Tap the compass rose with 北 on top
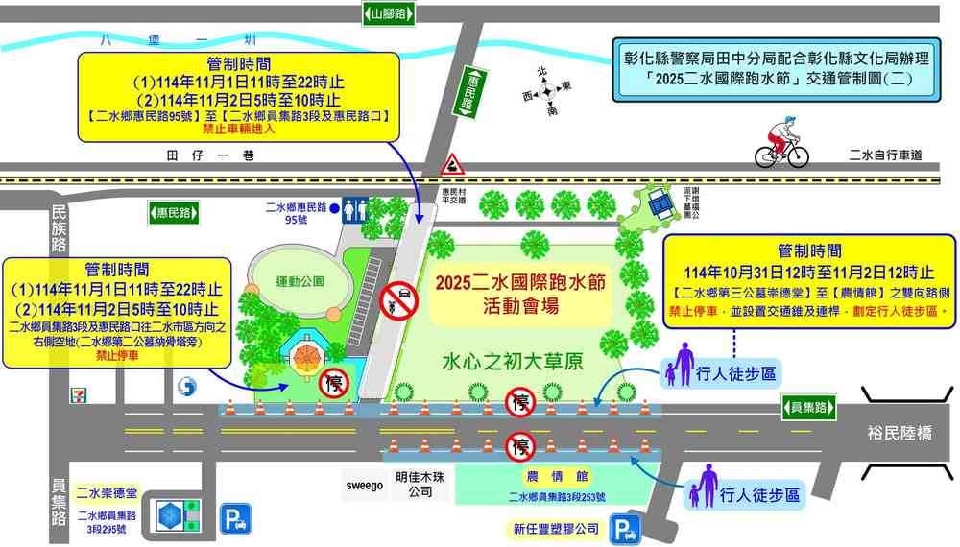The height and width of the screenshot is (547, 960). (546, 92)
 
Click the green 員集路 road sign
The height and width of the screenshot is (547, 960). (807, 407)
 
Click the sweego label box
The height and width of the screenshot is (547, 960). (364, 486)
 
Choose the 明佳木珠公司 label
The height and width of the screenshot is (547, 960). (420, 485)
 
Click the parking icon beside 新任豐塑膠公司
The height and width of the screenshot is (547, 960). (626, 529)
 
